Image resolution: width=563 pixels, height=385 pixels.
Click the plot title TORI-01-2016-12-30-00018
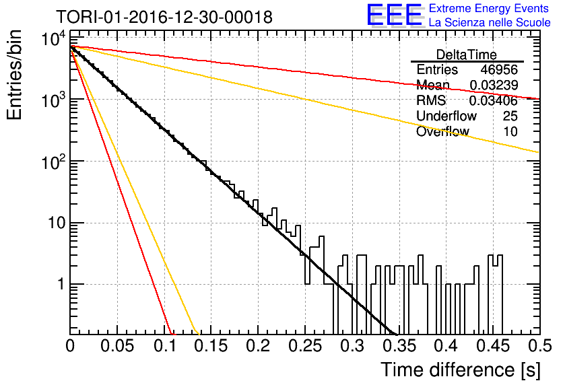point(164,17)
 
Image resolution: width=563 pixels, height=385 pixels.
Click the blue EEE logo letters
point(395,15)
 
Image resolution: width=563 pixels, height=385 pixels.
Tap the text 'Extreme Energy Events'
point(489,8)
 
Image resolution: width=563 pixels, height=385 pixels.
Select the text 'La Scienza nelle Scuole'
point(490,22)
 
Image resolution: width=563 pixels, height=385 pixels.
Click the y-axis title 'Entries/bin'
point(14,75)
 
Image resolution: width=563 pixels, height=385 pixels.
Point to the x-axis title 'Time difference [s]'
point(461,370)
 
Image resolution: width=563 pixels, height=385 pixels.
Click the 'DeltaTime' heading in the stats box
point(466,55)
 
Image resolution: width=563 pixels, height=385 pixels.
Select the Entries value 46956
point(499,69)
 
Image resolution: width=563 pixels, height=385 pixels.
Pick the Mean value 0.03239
point(494,85)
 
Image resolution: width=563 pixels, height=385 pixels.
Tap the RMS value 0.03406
point(494,100)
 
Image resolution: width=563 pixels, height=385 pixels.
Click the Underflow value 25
point(510,116)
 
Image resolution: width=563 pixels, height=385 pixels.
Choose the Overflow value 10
point(510,131)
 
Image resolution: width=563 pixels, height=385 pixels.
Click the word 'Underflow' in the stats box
point(446,116)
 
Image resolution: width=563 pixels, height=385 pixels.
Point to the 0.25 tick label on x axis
point(305,346)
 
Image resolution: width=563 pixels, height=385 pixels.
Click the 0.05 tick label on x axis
point(117,346)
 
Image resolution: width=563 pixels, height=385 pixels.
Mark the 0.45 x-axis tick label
point(493,346)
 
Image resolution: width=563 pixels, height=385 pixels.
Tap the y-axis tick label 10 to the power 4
point(53,39)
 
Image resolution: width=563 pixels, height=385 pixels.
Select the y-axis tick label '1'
point(61,285)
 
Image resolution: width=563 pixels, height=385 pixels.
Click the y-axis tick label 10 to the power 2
point(53,162)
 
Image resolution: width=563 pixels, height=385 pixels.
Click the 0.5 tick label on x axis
point(540,346)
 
